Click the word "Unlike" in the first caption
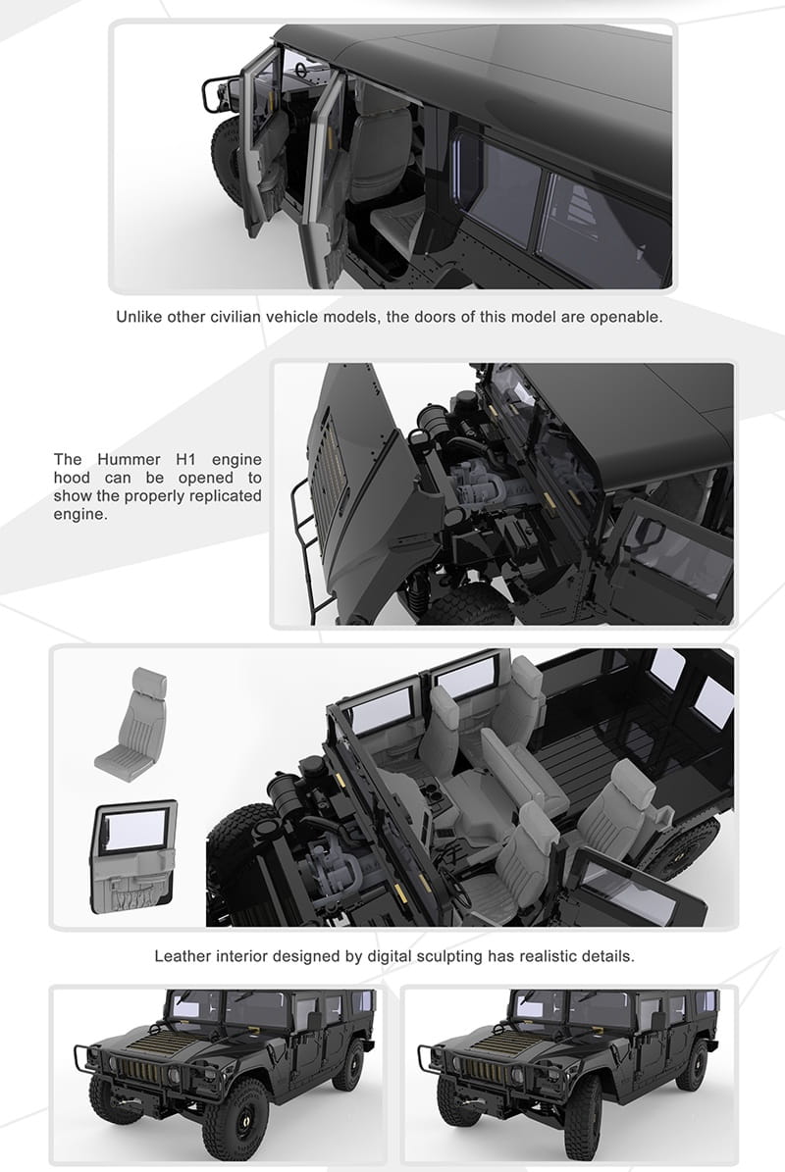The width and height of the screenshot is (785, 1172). point(138,317)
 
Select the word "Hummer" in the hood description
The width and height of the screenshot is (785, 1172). point(129,459)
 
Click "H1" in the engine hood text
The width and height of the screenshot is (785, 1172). point(185,459)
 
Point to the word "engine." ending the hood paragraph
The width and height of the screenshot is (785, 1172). point(80,514)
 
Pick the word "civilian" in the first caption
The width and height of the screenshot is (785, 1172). point(235,317)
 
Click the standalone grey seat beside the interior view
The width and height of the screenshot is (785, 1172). point(131,721)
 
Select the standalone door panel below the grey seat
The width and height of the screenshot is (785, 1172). point(133,856)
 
